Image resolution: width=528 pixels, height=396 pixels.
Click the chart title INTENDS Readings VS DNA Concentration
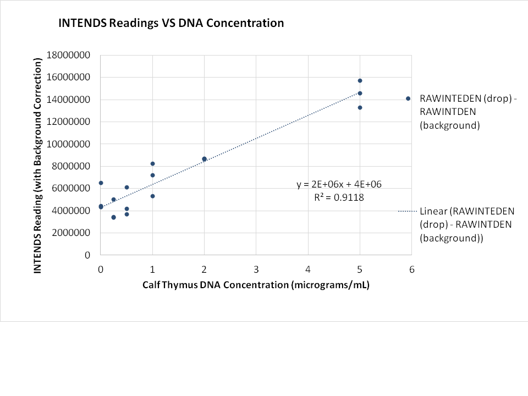[x=172, y=23]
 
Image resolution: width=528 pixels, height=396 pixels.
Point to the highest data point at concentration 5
[x=360, y=81]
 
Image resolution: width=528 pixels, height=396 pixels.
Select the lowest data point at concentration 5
[x=360, y=107]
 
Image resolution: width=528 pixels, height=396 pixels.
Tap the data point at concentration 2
[x=204, y=159]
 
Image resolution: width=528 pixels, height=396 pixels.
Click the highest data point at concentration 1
[x=152, y=164]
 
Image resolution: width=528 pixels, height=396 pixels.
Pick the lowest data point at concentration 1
[x=152, y=196]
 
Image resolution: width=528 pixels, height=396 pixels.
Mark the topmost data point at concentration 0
[x=101, y=183]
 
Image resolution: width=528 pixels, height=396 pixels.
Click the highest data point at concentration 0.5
[x=127, y=188]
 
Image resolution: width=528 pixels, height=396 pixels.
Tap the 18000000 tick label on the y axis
[x=69, y=55]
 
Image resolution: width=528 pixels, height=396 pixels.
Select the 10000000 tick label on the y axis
[x=69, y=144]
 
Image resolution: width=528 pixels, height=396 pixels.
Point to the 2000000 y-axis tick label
[x=71, y=233]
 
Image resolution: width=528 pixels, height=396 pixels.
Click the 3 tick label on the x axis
[x=256, y=269]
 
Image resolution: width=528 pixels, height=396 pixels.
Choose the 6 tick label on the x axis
[x=411, y=269]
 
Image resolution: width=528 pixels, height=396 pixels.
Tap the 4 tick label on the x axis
[x=308, y=269]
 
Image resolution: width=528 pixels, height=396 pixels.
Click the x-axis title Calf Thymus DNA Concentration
[x=256, y=285]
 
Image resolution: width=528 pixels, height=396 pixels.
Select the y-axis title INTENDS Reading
[x=38, y=166]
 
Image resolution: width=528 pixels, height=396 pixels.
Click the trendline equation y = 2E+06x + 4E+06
[x=339, y=185]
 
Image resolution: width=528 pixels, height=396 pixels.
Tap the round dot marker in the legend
[x=408, y=98]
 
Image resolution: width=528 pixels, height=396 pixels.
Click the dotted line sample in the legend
[x=408, y=211]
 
